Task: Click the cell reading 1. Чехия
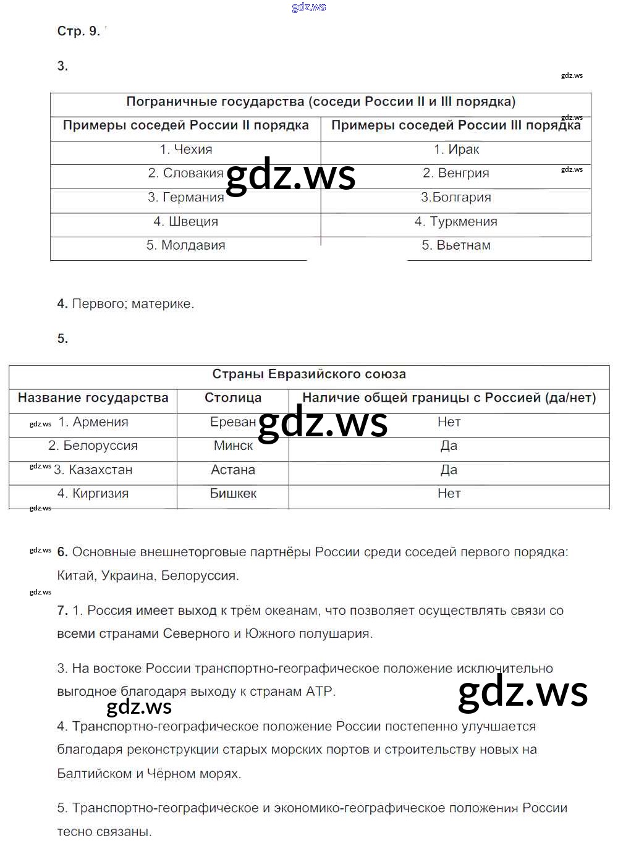click(x=185, y=150)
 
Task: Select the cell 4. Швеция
click(x=185, y=221)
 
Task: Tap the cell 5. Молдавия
click(x=185, y=245)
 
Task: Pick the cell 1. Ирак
click(x=456, y=150)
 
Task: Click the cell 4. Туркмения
click(x=456, y=221)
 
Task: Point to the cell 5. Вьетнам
click(x=456, y=245)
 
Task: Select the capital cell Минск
click(x=233, y=446)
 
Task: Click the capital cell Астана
click(x=233, y=470)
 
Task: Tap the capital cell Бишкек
click(x=233, y=493)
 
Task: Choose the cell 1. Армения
click(x=93, y=422)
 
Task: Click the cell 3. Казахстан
click(x=93, y=470)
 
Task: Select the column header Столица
click(x=233, y=398)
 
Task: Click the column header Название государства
click(x=93, y=398)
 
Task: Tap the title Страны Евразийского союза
click(x=309, y=374)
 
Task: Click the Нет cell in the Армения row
click(x=449, y=422)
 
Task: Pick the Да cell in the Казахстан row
click(x=449, y=470)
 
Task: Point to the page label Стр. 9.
click(x=78, y=32)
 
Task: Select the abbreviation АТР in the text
click(x=319, y=692)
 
